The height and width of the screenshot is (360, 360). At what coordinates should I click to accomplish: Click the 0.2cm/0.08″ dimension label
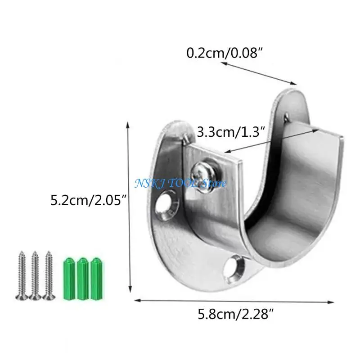[224, 53]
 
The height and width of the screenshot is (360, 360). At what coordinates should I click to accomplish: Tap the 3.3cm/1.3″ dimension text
[231, 132]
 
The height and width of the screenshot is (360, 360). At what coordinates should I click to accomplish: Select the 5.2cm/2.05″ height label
[89, 200]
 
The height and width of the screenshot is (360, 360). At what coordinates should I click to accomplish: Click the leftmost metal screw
[22, 275]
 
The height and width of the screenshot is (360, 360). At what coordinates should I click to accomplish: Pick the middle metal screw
[35, 275]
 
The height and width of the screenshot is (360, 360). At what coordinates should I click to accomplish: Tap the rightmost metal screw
[49, 275]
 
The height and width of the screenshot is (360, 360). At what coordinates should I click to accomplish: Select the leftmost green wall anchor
[69, 279]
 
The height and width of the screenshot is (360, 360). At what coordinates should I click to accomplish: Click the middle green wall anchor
[83, 279]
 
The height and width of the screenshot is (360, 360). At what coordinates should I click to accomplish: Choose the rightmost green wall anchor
[97, 279]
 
